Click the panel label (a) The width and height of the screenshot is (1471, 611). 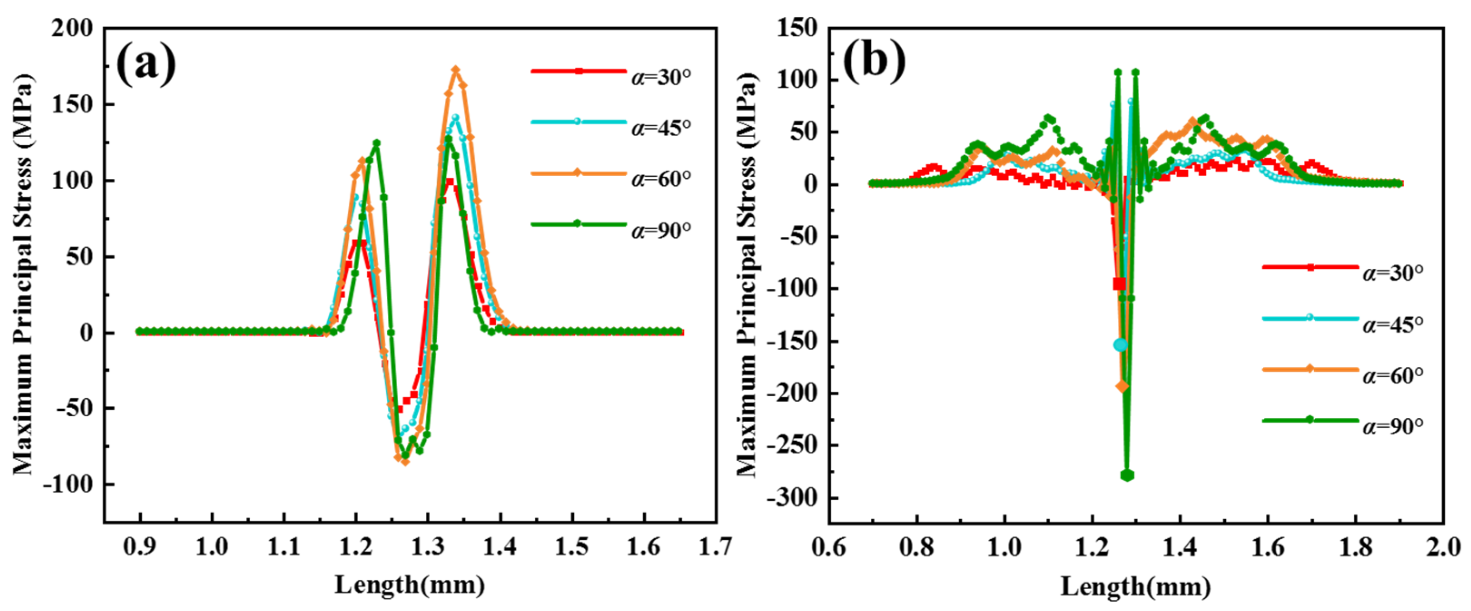[x=146, y=64]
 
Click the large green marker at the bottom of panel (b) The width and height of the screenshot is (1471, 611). [x=1127, y=475]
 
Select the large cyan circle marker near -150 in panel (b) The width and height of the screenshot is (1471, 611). [x=1121, y=345]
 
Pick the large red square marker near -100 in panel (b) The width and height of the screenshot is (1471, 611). [x=1119, y=284]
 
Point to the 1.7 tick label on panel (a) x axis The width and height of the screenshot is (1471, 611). [x=716, y=547]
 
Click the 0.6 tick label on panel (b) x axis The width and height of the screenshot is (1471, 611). [x=829, y=547]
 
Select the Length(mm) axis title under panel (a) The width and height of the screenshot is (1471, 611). [x=410, y=585]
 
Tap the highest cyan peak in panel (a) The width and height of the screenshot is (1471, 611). [x=455, y=117]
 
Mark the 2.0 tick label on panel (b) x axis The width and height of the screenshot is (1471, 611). [x=1443, y=547]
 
